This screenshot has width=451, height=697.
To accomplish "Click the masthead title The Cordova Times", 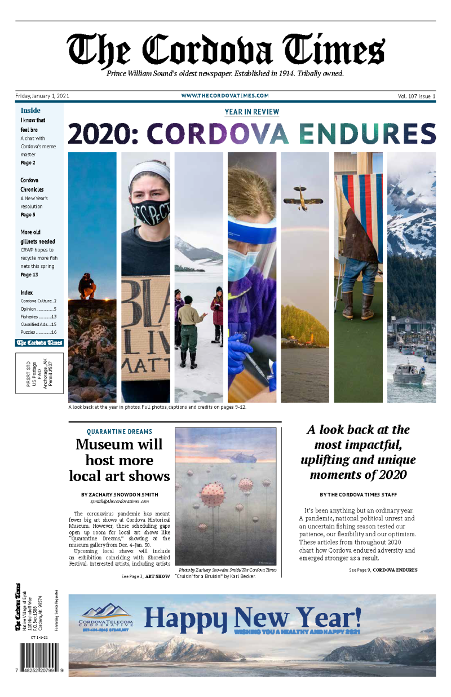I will [225, 50].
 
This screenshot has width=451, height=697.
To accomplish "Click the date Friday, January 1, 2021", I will [42, 96].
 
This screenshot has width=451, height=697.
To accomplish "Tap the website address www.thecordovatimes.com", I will [225, 96].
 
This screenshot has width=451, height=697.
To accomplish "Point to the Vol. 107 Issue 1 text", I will [417, 96].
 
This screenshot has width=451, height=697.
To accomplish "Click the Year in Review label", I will [251, 112].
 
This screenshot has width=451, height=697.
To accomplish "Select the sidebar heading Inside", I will [30, 111].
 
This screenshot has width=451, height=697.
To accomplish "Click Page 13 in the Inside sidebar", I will [29, 275].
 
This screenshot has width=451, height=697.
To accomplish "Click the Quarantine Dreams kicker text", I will [120, 432].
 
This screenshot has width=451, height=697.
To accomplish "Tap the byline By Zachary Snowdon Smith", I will [120, 495].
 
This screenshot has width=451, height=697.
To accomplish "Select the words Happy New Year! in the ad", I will [253, 617].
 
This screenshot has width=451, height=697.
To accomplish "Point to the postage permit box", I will [39, 373].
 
